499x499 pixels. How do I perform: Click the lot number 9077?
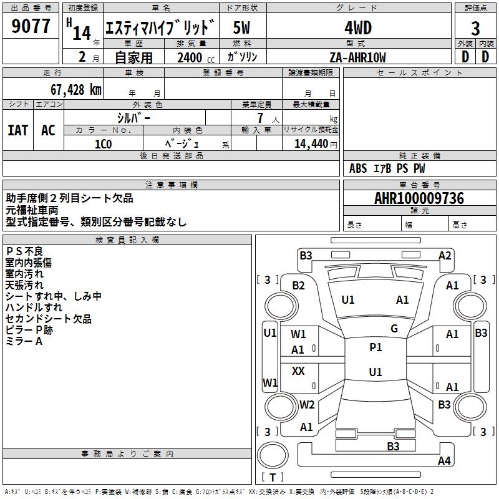[31, 27]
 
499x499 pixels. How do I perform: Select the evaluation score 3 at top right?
[475, 29]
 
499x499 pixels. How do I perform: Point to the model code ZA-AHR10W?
[357, 57]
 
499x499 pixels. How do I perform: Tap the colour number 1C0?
[103, 143]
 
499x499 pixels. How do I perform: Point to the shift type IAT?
[17, 130]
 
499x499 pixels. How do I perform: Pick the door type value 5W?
[242, 28]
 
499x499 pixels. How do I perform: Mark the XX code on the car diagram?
[298, 371]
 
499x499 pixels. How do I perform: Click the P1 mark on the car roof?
[375, 347]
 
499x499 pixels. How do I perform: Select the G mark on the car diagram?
[394, 329]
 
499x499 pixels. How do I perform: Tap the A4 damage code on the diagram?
[443, 461]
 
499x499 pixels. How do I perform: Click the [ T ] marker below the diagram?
[272, 478]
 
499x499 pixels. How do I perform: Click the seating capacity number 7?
[259, 118]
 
